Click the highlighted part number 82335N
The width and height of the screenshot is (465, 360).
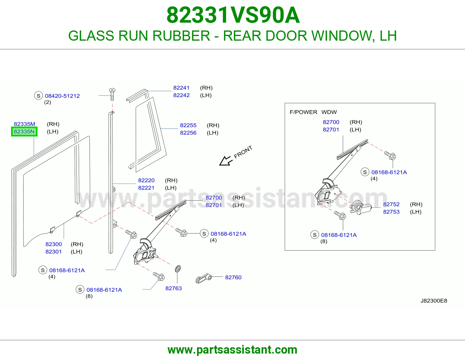click(x=24, y=132)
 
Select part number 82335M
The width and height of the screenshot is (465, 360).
click(x=24, y=124)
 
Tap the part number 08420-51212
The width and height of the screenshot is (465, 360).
click(x=62, y=96)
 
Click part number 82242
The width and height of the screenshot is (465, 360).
click(x=181, y=95)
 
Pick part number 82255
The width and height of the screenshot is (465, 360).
click(x=188, y=125)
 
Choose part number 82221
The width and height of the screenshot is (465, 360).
click(x=146, y=188)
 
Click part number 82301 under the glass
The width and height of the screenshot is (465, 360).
click(x=53, y=252)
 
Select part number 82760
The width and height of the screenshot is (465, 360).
click(x=233, y=277)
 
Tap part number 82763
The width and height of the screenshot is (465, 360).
click(x=174, y=288)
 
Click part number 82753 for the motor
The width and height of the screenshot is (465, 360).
click(x=391, y=212)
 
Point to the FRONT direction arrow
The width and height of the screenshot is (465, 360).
click(x=225, y=161)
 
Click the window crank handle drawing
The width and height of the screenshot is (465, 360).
click(x=203, y=278)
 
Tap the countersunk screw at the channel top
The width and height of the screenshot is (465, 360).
click(x=112, y=94)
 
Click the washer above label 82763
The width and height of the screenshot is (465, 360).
click(x=178, y=269)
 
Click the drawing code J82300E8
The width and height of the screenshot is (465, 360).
click(x=434, y=301)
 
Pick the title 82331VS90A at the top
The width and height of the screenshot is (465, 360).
click(x=233, y=15)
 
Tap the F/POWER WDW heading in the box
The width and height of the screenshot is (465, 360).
click(x=313, y=112)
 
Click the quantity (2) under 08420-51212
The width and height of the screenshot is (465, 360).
click(x=47, y=102)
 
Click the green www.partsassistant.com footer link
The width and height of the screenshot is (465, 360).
click(x=233, y=350)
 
